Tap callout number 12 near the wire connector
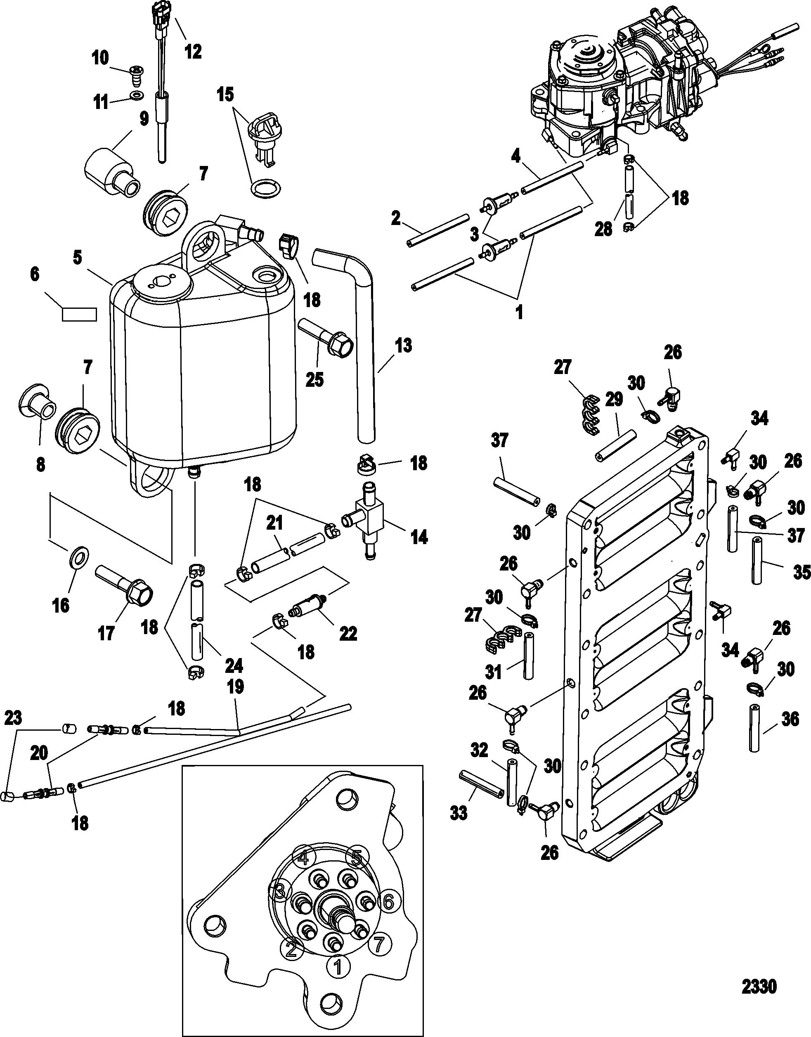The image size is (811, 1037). coord(193,51)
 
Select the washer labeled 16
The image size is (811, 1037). coord(78,556)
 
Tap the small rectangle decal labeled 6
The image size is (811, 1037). coord(79,314)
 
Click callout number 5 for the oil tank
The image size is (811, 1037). coord(78,258)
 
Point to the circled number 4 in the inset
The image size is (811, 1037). coord(304,858)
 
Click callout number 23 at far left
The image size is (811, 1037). coord(13,718)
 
